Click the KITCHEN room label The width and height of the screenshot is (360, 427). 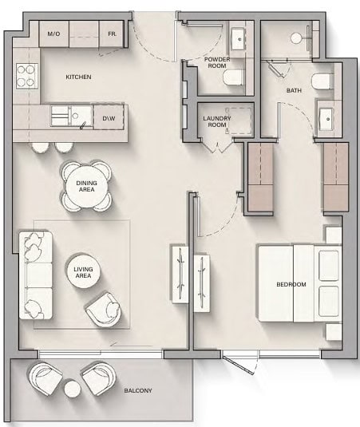coord(78,77)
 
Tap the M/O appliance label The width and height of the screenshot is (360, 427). coord(53,34)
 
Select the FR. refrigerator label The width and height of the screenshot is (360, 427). coord(113,34)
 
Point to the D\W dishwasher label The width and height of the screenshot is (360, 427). coord(109,118)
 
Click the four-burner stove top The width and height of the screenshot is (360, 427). coord(26,76)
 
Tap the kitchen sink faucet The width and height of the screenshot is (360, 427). coord(82,126)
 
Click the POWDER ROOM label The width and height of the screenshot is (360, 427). coord(217,62)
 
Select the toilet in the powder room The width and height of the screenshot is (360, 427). coord(234,77)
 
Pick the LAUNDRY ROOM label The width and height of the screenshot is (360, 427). coord(217,121)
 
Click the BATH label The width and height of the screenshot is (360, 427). coord(294,90)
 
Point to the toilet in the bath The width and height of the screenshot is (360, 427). coord(322,81)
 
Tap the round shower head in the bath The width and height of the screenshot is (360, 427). coord(296,38)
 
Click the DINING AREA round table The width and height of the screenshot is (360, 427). coord(86,186)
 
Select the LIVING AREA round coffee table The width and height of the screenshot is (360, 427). coord(83,272)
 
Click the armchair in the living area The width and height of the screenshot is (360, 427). coord(105,309)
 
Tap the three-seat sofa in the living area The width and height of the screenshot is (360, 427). coord(35,275)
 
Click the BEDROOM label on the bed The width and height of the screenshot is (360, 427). coord(291,284)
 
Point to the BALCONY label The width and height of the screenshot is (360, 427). coord(138,390)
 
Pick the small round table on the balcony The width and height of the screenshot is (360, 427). coord(73,389)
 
